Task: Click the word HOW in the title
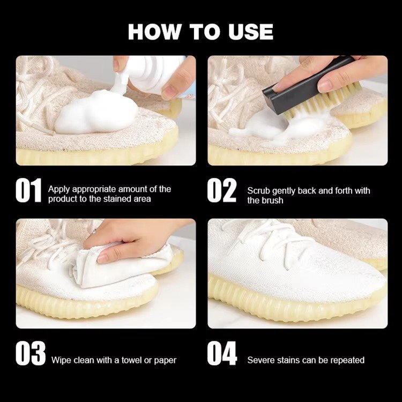pyautogui.click(x=154, y=32)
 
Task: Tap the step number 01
pyautogui.click(x=28, y=190)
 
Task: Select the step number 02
pyautogui.click(x=221, y=190)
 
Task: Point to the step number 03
pyautogui.click(x=31, y=353)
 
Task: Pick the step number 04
pyautogui.click(x=222, y=353)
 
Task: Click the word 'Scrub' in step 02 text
pyautogui.click(x=258, y=191)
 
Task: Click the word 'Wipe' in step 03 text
pyautogui.click(x=61, y=360)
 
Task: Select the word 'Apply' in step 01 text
pyautogui.click(x=59, y=189)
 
